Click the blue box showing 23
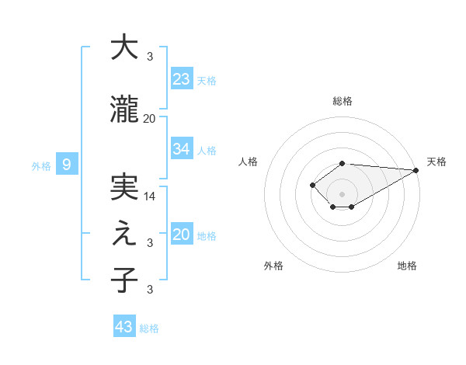click(x=182, y=79)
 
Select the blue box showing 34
click(x=182, y=149)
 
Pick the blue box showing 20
click(x=182, y=235)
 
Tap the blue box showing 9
click(x=68, y=164)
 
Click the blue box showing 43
click(x=124, y=327)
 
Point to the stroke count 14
click(x=150, y=196)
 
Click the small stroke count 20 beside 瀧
click(x=150, y=118)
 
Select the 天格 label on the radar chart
click(x=436, y=162)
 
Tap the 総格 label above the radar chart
click(x=343, y=101)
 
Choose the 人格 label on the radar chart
click(x=249, y=162)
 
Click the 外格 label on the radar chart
click(x=273, y=266)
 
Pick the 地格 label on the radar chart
click(x=407, y=266)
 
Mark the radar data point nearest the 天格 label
click(x=417, y=170)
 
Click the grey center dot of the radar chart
click(x=342, y=193)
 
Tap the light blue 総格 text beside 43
click(x=149, y=328)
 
